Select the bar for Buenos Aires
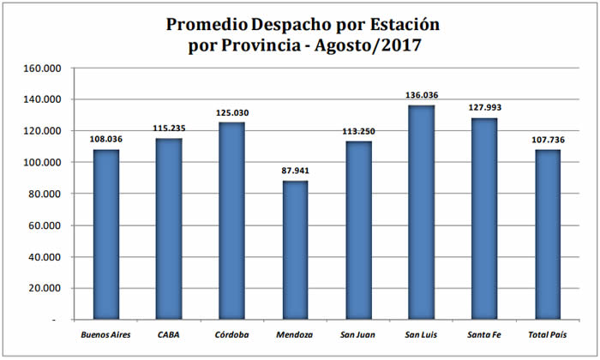tap(105, 235)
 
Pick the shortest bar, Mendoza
tap(294, 250)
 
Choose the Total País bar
tap(547, 235)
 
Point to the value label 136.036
tap(420, 96)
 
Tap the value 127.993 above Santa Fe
tap(483, 109)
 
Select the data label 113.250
tap(357, 131)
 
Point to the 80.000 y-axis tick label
tap(45, 194)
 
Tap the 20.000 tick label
tap(45, 288)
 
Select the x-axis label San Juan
tap(357, 334)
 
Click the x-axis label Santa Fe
tap(483, 334)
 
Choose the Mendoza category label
tap(294, 334)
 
